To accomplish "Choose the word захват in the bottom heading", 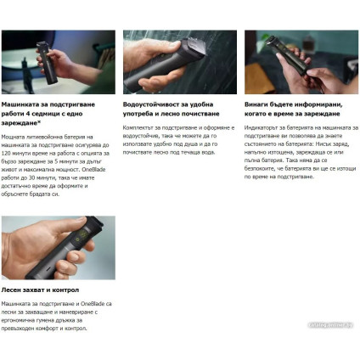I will (37, 290).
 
